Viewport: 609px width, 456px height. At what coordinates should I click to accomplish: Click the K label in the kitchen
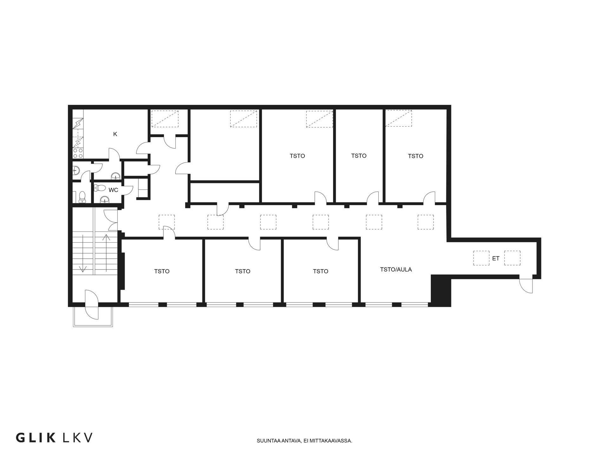(115, 134)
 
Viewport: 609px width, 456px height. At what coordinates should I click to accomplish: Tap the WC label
(113, 190)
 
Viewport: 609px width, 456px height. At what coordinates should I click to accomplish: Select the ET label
(496, 258)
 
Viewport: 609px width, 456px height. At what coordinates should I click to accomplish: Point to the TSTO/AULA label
(396, 269)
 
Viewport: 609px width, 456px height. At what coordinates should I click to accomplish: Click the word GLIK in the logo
(36, 438)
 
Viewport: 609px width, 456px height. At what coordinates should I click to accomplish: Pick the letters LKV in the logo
(78, 438)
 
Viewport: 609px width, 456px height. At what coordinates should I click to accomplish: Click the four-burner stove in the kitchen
(78, 153)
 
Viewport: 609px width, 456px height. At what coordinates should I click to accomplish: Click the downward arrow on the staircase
(83, 253)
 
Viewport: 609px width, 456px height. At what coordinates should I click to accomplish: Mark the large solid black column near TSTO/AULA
(441, 290)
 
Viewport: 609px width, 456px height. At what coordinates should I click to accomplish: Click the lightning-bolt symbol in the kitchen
(78, 123)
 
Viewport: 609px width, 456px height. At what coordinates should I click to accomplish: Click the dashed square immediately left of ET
(481, 258)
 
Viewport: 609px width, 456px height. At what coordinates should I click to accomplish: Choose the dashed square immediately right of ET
(512, 258)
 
